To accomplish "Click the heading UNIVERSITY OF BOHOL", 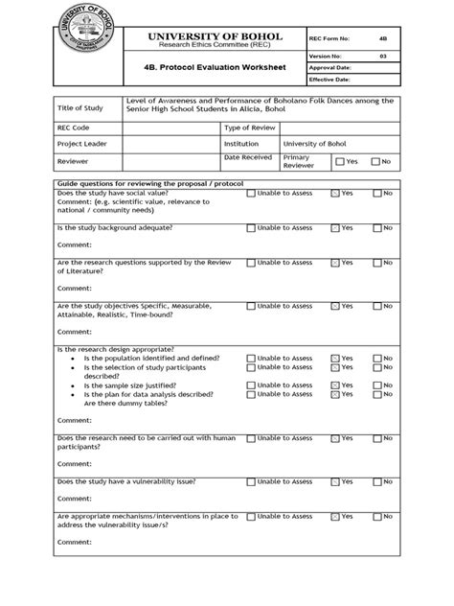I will (x=216, y=35).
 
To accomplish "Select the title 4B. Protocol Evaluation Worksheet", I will (x=216, y=70).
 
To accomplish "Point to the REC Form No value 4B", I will (x=382, y=39).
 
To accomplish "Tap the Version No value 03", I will (x=382, y=57).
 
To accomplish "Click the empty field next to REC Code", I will (x=170, y=127).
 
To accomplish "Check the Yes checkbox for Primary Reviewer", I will (x=337, y=161).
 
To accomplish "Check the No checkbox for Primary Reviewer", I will (x=375, y=161).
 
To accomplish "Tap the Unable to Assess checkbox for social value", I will (x=251, y=193).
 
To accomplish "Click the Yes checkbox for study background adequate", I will (x=334, y=228).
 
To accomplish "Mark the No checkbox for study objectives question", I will (x=376, y=307).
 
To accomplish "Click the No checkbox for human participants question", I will (x=376, y=438).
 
